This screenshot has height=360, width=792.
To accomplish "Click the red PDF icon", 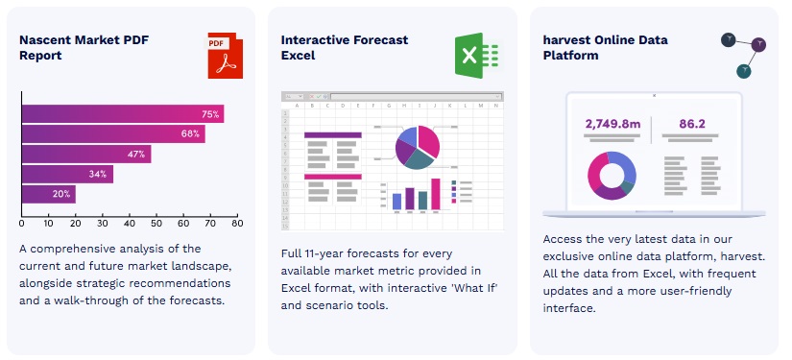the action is pyautogui.click(x=225, y=56).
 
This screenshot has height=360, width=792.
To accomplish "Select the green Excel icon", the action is pyautogui.click(x=477, y=56).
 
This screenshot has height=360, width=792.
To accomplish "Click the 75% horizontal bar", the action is pyautogui.click(x=123, y=113).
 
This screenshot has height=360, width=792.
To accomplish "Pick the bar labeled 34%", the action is pyautogui.click(x=68, y=174).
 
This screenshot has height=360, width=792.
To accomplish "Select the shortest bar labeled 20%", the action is pyautogui.click(x=49, y=194).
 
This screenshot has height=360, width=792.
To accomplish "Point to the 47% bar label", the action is pyautogui.click(x=136, y=154).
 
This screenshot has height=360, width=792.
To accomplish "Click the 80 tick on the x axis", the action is pyautogui.click(x=237, y=223).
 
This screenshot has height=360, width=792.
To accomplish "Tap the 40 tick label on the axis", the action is pyautogui.click(x=130, y=223).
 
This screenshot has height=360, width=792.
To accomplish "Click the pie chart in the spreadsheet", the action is pyautogui.click(x=418, y=147).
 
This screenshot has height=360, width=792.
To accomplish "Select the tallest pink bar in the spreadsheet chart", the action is pyautogui.click(x=436, y=194).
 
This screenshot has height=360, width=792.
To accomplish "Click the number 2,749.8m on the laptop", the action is pyautogui.click(x=612, y=124).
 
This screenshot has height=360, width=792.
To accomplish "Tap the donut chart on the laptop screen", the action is pyautogui.click(x=612, y=176).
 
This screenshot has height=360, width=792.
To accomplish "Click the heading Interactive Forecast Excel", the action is pyautogui.click(x=345, y=47).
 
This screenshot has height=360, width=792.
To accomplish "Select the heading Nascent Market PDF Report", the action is pyautogui.click(x=84, y=47).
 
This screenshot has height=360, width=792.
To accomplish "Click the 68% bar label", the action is pyautogui.click(x=190, y=133).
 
